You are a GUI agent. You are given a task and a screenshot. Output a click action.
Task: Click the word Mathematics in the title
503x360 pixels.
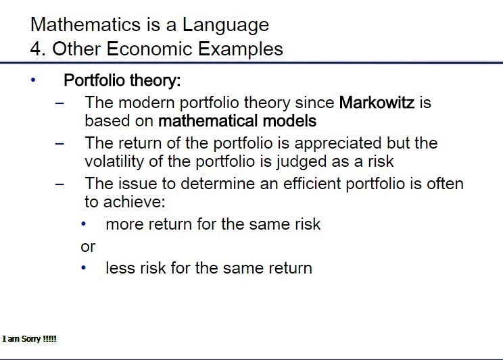[86, 24]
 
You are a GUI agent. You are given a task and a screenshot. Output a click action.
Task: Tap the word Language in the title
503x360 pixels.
[226, 26]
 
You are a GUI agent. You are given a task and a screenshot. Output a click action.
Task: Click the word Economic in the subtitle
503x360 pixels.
[149, 49]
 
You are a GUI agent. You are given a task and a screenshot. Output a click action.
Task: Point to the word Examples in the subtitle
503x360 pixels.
[241, 50]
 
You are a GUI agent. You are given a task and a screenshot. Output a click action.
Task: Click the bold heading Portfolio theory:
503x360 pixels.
[122, 80]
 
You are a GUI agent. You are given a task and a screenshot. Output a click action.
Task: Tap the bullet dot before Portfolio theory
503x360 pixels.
[33, 80]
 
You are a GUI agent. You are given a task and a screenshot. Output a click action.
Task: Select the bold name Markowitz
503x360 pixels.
[377, 103]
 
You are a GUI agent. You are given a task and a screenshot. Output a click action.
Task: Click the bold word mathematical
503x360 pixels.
[208, 121]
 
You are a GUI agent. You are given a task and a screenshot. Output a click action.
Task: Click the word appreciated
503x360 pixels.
[338, 143]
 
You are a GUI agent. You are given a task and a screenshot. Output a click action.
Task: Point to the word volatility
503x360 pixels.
[114, 161]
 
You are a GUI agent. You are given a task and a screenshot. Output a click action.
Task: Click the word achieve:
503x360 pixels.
[134, 202]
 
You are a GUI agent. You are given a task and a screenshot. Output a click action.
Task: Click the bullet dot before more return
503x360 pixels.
[84, 224]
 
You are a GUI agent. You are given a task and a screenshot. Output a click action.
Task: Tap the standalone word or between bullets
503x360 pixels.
[88, 247]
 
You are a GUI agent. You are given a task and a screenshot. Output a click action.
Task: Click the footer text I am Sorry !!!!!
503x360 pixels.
[30, 339]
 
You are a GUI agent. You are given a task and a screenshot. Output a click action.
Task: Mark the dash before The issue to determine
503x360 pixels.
[59, 184]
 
